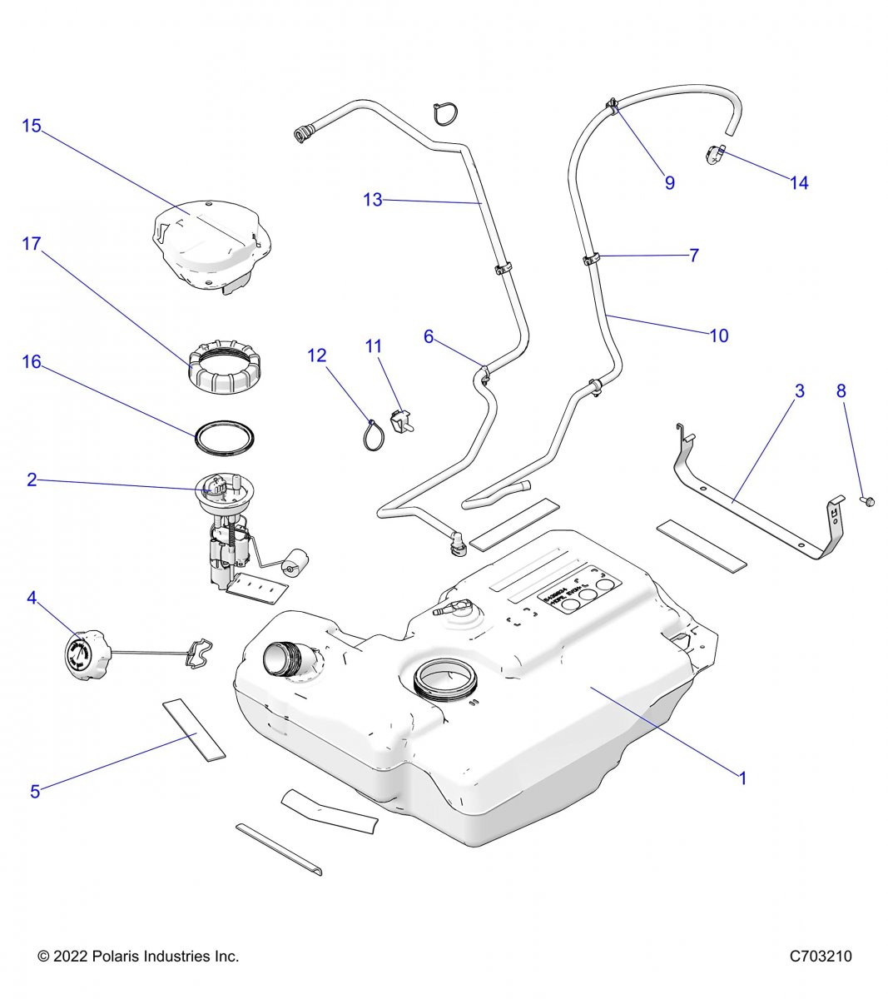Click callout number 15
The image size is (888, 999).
point(32,127)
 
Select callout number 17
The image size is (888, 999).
point(32,244)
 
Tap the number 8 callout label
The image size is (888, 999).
point(841,390)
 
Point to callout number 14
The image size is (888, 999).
point(799,183)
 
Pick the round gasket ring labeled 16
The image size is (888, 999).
point(224,439)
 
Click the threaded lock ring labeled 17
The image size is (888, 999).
point(225,371)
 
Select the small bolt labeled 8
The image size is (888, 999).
point(864,501)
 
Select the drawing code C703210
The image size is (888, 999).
point(821,957)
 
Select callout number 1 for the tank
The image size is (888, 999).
point(742,778)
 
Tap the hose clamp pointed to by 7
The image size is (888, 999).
point(592,260)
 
